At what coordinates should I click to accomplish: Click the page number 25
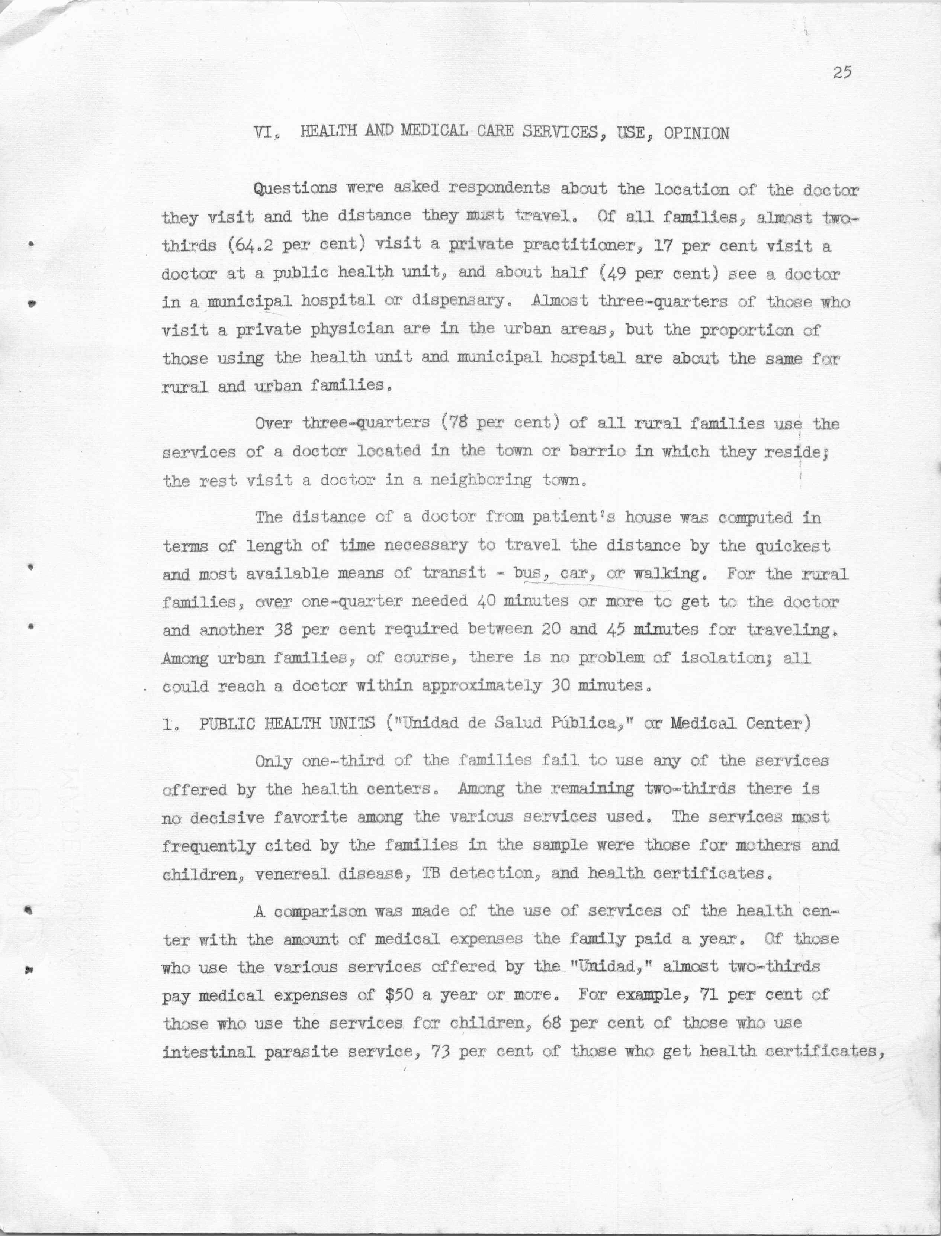click(842, 73)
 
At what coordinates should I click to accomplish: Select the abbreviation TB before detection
click(430, 874)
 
